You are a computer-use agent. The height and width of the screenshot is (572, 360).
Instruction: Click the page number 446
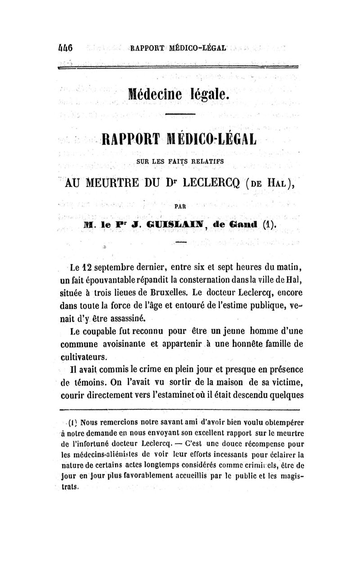tap(66, 48)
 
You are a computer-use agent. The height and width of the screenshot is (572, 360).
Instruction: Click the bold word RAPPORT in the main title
tap(132, 139)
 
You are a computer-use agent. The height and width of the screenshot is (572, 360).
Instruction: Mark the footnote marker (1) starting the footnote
tap(72, 423)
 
